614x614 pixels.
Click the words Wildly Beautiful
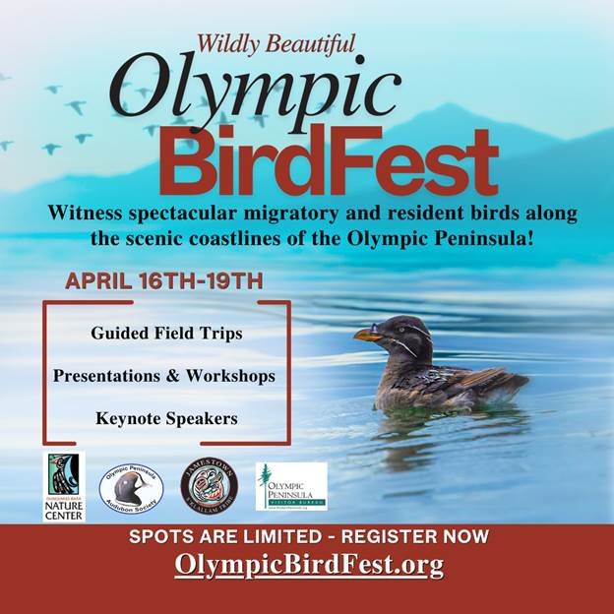pos(276,43)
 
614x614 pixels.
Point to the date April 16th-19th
pos(164,280)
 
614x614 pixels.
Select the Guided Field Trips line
pos(166,334)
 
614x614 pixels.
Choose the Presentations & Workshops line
pos(164,376)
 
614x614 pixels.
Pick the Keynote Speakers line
pos(166,418)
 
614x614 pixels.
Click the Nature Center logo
pos(64,486)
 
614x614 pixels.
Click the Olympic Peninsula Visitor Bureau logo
pos(291,486)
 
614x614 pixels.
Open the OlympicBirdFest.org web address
pos(309,566)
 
